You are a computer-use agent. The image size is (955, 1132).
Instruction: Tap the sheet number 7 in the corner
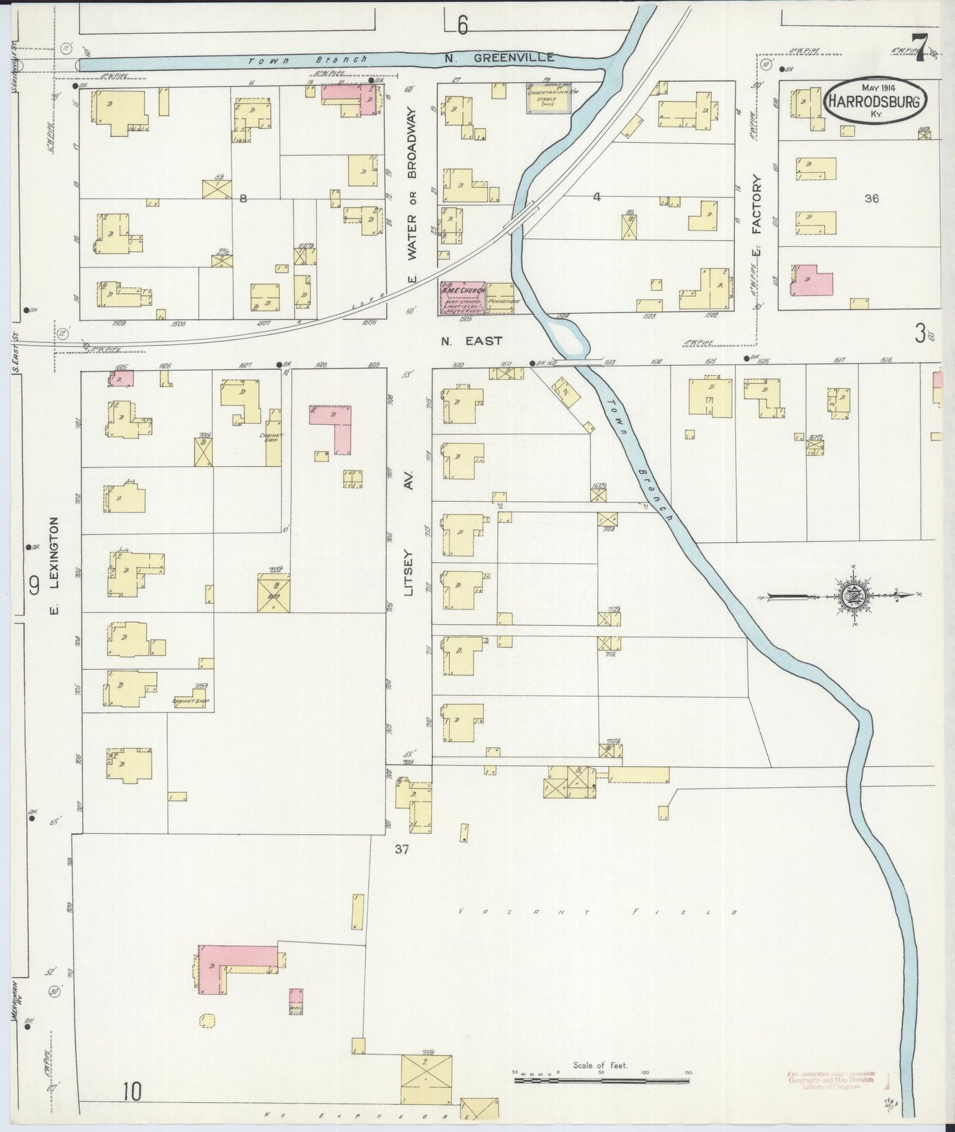pos(920,48)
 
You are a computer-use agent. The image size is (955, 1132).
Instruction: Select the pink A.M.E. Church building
pos(463,298)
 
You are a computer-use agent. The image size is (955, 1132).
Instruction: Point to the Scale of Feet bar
pos(601,1080)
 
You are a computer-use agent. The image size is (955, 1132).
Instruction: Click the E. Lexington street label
pos(56,565)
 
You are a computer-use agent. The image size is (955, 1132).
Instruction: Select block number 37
pos(402,850)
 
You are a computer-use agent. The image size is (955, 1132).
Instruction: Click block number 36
pos(872,197)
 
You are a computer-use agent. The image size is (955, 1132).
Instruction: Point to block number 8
pos(243,198)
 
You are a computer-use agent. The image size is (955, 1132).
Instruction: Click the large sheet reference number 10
pos(132,1092)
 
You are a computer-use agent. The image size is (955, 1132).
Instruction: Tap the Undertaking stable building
pos(548,98)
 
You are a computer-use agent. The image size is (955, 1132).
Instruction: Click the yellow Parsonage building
pos(500,299)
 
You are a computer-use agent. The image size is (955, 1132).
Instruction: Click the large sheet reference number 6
pos(462,25)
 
